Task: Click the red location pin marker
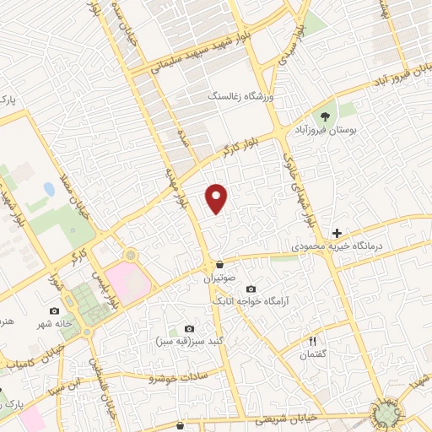pos(218,197)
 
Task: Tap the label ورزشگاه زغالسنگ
pos(244,97)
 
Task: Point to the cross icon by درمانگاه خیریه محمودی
pos(337,232)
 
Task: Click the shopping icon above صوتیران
pos(219,263)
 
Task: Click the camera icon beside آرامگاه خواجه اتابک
pos(251,289)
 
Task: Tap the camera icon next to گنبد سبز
pos(189,328)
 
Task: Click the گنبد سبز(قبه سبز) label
pos(181,341)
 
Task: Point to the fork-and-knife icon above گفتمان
pos(313,341)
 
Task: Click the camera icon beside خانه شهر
pos(55,311)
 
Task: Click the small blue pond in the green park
pos(50,191)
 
